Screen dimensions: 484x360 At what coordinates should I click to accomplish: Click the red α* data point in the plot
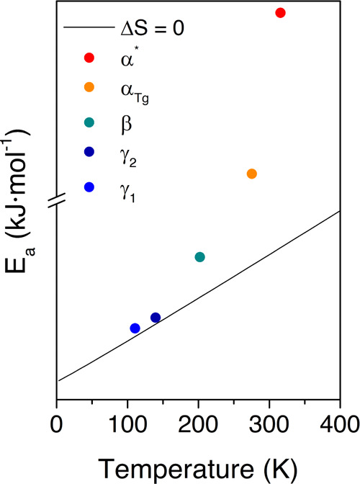pyautogui.click(x=280, y=13)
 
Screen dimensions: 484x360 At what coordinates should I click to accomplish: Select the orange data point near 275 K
pyautogui.click(x=251, y=174)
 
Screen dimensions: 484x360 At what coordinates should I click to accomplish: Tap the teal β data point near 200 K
pyautogui.click(x=200, y=257)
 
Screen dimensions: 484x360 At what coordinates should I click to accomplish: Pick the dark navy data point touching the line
pyautogui.click(x=156, y=318)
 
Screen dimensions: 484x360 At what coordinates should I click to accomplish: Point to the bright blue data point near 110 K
pyautogui.click(x=135, y=328)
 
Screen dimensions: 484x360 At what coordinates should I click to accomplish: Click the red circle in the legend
pyautogui.click(x=89, y=58)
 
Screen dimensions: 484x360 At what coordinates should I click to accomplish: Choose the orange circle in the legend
pyautogui.click(x=89, y=88)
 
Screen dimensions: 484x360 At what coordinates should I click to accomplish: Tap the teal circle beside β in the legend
pyautogui.click(x=89, y=122)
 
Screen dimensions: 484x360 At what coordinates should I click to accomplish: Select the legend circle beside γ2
pyautogui.click(x=89, y=155)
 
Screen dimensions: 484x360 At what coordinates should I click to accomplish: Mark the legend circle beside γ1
pyautogui.click(x=89, y=187)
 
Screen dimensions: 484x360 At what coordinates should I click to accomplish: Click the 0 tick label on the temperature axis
pyautogui.click(x=57, y=418)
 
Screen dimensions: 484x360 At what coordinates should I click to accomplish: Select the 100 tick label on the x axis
pyautogui.click(x=127, y=418)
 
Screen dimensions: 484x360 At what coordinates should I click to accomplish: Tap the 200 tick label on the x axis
pyautogui.click(x=198, y=418)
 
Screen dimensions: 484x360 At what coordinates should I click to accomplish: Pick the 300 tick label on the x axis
pyautogui.click(x=269, y=418)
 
